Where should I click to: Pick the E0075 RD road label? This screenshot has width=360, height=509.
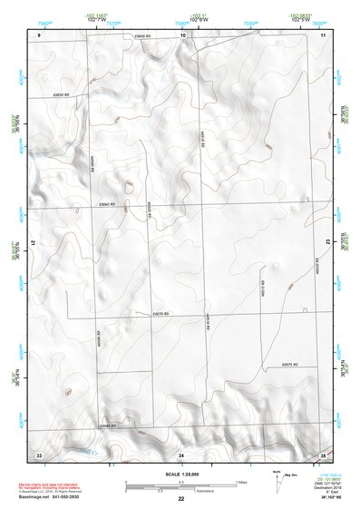tap(290, 365)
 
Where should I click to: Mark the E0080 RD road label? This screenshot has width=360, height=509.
tap(108, 425)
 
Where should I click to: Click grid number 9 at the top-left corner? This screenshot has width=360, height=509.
tap(40, 34)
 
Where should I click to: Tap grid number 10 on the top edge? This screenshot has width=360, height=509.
tap(183, 34)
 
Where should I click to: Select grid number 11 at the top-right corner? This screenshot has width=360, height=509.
tap(323, 34)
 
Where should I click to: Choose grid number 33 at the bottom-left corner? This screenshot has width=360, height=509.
tap(39, 453)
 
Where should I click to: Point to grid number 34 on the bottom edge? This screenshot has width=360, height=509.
tap(181, 453)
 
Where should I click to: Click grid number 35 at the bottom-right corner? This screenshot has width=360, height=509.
tap(323, 453)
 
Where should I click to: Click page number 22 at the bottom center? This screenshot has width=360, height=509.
tap(181, 499)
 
